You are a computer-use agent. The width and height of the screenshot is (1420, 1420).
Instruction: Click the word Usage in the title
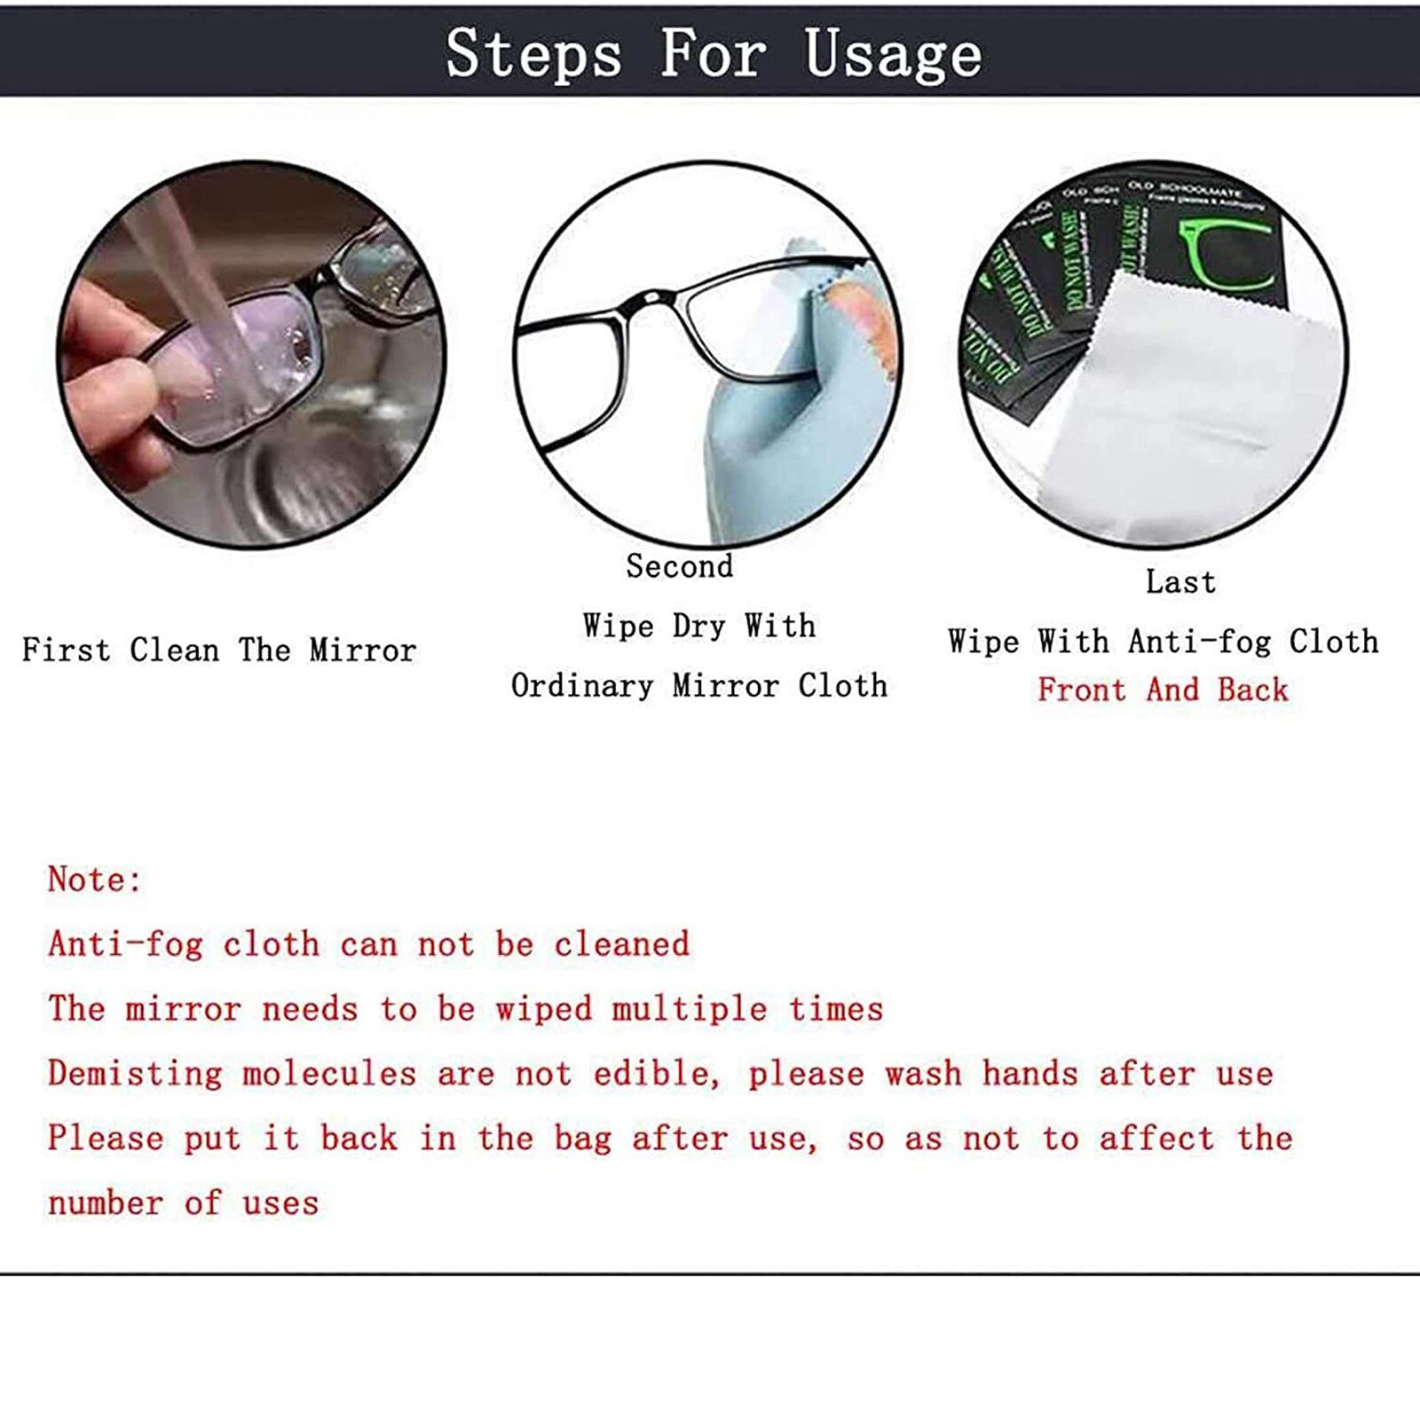click(x=893, y=55)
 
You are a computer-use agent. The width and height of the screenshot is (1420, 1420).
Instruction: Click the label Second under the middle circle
click(x=680, y=566)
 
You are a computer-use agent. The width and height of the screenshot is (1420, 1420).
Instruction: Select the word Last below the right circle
click(x=1179, y=582)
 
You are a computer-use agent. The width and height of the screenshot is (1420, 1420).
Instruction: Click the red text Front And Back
click(x=1163, y=690)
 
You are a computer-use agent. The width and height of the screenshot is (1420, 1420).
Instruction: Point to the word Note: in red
click(x=94, y=880)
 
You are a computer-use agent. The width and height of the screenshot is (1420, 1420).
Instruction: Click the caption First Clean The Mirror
click(x=219, y=650)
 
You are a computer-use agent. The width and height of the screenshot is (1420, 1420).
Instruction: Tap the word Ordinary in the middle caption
click(x=581, y=685)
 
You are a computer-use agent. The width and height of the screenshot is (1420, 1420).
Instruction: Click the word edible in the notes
click(x=652, y=1074)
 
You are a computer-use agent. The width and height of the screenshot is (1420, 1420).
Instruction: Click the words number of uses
click(x=183, y=1203)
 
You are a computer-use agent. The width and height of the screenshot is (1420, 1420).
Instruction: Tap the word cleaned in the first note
click(x=621, y=944)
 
